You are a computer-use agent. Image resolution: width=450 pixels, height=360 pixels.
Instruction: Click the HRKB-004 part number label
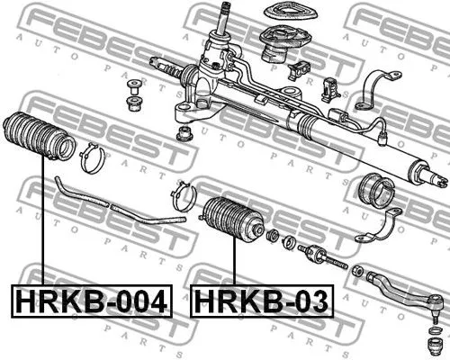pos(91,301)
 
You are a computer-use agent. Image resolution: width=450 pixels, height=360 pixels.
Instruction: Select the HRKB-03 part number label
pos(260,301)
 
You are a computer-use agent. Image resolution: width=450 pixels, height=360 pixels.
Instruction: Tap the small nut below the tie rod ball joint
pos(432,342)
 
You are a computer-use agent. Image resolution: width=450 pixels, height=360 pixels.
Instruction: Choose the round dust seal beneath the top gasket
pos(280,45)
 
